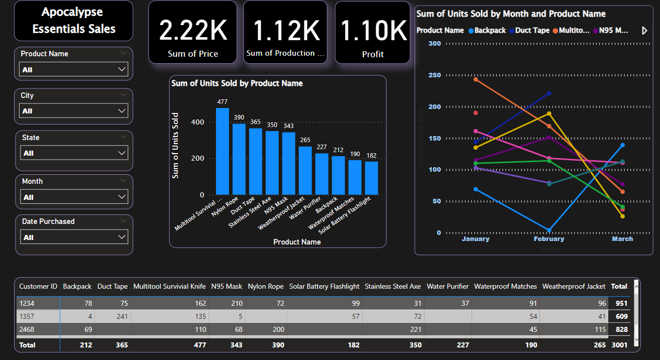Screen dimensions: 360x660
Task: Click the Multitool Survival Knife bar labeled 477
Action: click(x=222, y=151)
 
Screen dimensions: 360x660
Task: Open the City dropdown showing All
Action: click(x=73, y=111)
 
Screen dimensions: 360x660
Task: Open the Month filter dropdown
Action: click(x=73, y=197)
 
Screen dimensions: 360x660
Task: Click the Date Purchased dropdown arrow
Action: click(x=122, y=237)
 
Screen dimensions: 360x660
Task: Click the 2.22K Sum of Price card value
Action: click(x=193, y=31)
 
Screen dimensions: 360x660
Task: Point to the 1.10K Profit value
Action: click(x=373, y=31)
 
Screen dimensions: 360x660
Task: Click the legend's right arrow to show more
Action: click(x=645, y=31)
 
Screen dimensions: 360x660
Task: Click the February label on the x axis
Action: click(x=548, y=239)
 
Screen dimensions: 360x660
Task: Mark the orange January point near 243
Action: click(x=476, y=79)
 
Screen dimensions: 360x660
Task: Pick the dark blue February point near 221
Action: click(x=549, y=93)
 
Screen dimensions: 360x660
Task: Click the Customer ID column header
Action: click(x=38, y=286)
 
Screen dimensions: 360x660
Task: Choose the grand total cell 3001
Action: click(x=619, y=345)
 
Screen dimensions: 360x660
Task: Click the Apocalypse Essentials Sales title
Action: click(x=74, y=21)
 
